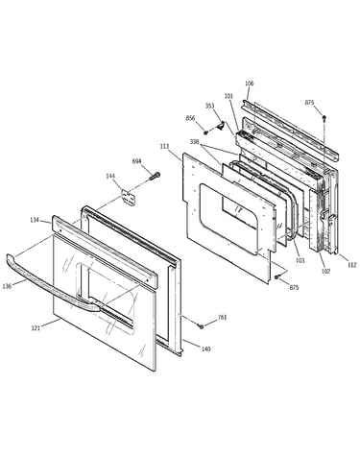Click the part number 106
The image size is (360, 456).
click(x=250, y=84)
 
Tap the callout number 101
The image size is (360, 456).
click(x=228, y=96)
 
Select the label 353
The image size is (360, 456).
click(x=210, y=106)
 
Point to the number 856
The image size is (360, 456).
click(x=190, y=118)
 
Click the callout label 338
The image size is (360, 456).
click(x=194, y=141)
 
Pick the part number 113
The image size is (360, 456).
click(x=164, y=147)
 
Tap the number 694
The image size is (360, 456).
click(x=136, y=161)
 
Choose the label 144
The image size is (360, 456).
click(x=110, y=176)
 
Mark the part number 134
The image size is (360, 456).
click(x=35, y=220)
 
